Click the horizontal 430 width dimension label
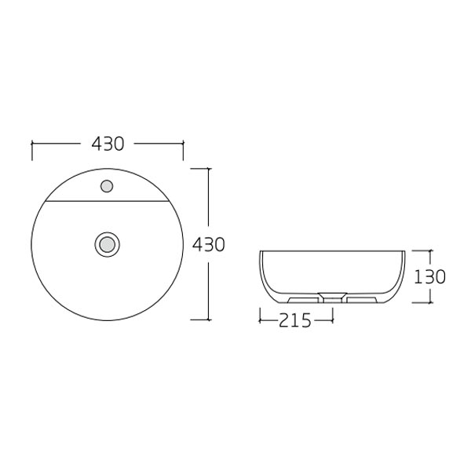click(x=108, y=144)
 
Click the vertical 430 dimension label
click(x=209, y=244)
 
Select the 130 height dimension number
click(x=430, y=276)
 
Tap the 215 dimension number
click(x=296, y=319)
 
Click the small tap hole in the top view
click(x=107, y=187)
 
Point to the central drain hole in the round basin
click(x=107, y=243)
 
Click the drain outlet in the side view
click(x=333, y=298)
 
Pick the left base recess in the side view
click(x=302, y=300)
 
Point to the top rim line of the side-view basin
click(x=333, y=251)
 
